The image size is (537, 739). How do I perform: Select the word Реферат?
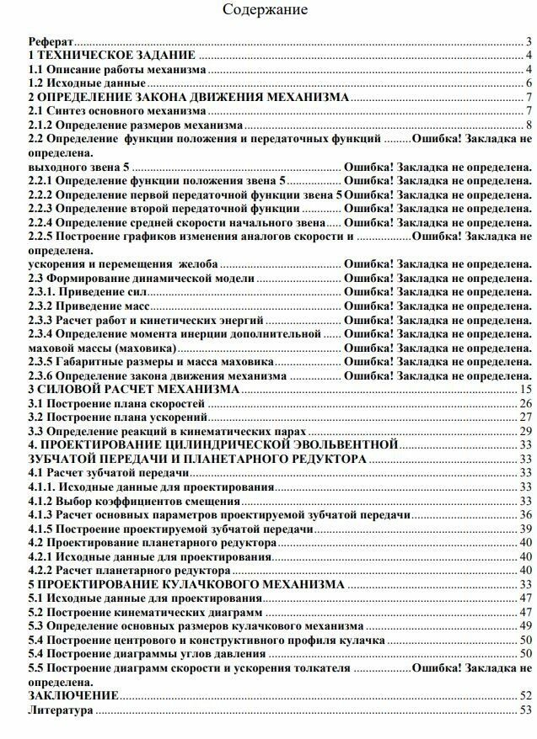(x=51, y=41)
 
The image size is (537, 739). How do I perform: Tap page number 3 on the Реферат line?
(x=527, y=41)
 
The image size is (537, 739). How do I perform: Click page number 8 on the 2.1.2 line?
(x=527, y=125)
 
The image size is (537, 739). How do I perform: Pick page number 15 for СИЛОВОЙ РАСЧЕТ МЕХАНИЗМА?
(x=524, y=389)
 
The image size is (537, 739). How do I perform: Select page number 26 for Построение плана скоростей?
(x=524, y=403)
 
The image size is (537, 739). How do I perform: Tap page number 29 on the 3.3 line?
(x=524, y=431)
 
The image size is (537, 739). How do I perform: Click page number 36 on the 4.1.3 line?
(x=524, y=514)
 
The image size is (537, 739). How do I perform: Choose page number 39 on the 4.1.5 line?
(x=524, y=528)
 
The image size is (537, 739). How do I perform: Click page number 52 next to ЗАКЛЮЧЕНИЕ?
(x=524, y=695)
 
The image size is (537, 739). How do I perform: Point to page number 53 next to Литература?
(x=524, y=710)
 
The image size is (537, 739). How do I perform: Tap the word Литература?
(x=61, y=710)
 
